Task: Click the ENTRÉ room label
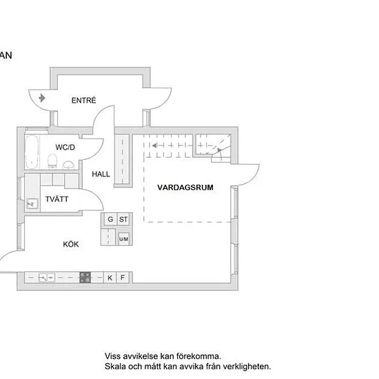(x=83, y=100)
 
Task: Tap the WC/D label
(x=65, y=147)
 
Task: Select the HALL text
(x=101, y=174)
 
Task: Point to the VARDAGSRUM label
(x=185, y=187)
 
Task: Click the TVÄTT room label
(x=57, y=199)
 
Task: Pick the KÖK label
(x=71, y=244)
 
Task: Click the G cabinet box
(x=110, y=219)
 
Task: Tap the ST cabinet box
(x=123, y=219)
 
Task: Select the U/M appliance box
(x=123, y=239)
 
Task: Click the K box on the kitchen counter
(x=110, y=278)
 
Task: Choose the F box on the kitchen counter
(x=123, y=278)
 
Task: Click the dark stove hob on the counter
(x=85, y=278)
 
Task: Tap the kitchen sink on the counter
(x=47, y=278)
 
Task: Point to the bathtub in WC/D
(x=32, y=152)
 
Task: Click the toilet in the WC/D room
(x=52, y=161)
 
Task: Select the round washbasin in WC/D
(x=69, y=165)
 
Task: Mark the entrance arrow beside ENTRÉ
(x=42, y=98)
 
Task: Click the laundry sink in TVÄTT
(x=32, y=204)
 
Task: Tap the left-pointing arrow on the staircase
(x=155, y=145)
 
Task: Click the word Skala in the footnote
(x=115, y=367)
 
